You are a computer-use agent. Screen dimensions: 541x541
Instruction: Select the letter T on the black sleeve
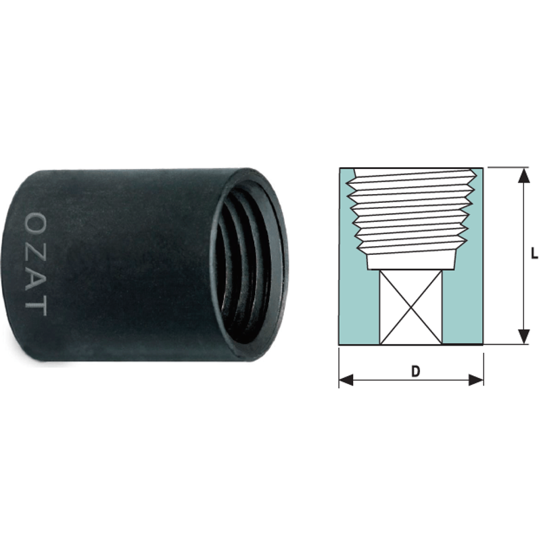[x=37, y=306]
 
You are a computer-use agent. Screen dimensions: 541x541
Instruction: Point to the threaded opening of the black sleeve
[x=249, y=265]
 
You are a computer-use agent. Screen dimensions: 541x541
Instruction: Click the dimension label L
[x=534, y=254]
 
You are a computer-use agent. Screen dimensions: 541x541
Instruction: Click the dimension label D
[x=415, y=371]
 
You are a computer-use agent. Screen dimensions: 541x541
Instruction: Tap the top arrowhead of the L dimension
[x=524, y=175]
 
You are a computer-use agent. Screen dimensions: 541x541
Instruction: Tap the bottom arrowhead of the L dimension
[x=524, y=336]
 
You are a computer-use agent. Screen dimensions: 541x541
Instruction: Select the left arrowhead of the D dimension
[x=346, y=381]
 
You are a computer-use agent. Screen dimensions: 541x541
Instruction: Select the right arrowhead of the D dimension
[x=476, y=381]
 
